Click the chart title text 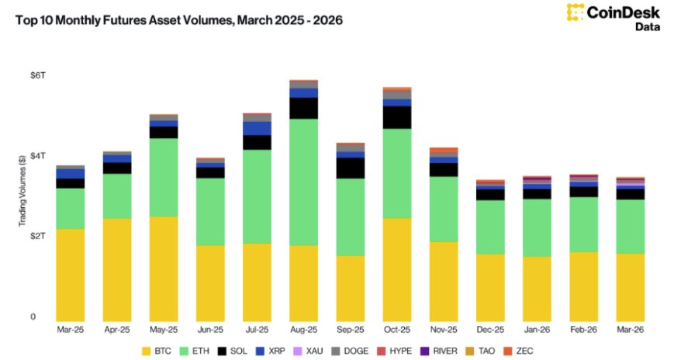coord(180,19)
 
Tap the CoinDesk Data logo coord(614,17)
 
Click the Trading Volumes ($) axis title coord(22,190)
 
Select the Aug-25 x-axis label coord(303,330)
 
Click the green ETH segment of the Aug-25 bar coord(303,182)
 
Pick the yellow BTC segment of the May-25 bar coord(164,268)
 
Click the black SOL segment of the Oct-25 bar coord(396,117)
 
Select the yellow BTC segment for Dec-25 coord(490,287)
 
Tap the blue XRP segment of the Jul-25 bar coord(257,128)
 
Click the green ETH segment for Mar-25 coord(71,208)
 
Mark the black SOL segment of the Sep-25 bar coord(350,168)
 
